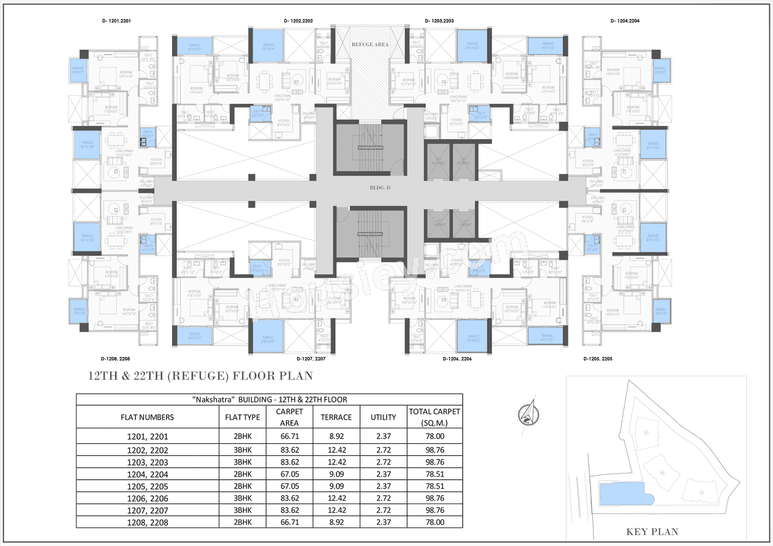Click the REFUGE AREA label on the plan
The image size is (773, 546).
tap(370, 44)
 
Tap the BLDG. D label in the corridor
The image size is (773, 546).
tap(380, 188)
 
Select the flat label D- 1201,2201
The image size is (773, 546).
tap(117, 21)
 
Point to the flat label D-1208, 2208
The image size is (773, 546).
tap(117, 359)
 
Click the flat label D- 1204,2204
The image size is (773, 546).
tap(625, 21)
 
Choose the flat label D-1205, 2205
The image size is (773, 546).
tap(598, 359)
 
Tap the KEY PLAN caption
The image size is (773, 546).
tap(652, 532)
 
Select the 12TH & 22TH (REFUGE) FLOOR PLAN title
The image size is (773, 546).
tap(200, 376)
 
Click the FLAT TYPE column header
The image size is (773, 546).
tap(242, 417)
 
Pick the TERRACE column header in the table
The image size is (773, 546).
tap(336, 417)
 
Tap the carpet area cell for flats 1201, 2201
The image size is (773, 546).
tap(289, 436)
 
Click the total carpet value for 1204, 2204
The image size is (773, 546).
tap(435, 475)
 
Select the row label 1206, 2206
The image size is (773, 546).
tap(147, 498)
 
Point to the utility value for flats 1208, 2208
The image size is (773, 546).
tap(383, 522)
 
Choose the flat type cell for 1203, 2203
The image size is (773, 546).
tap(242, 462)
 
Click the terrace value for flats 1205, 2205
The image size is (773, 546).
tap(336, 486)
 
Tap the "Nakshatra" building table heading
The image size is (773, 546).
tap(269, 399)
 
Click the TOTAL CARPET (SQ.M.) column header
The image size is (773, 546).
tap(435, 417)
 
